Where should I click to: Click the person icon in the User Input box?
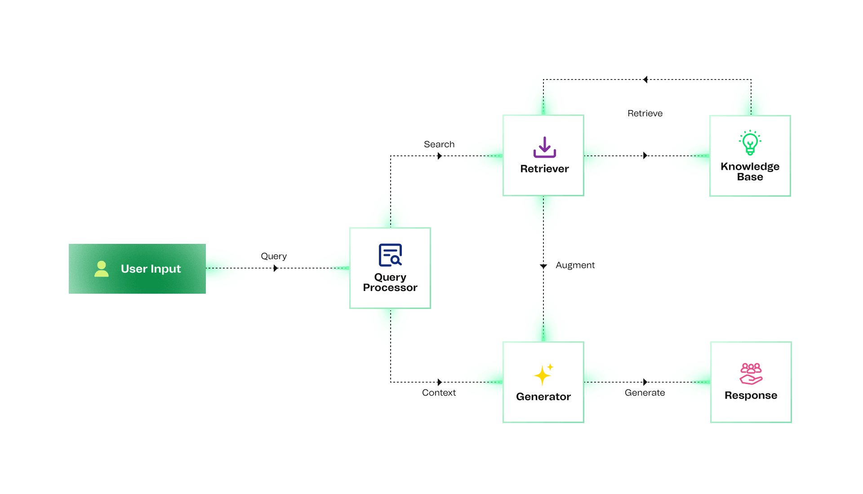point(102,269)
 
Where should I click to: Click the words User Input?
point(151,269)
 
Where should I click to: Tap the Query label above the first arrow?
point(274,256)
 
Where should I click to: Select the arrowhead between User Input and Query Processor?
point(276,268)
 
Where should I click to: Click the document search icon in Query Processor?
point(390,255)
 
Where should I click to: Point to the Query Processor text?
point(390,282)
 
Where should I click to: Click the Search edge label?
point(439,144)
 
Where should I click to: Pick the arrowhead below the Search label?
point(440,156)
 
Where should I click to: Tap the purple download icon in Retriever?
point(544,147)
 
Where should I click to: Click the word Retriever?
point(544,169)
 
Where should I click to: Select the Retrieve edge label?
point(645,113)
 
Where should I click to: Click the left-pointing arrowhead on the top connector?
point(645,79)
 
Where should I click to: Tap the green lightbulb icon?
point(750,143)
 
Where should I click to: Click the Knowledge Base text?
point(750,172)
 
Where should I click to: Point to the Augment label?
point(575,265)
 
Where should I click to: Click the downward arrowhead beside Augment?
point(543,266)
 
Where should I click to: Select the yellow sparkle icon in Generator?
point(543,375)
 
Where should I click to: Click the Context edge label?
point(439,393)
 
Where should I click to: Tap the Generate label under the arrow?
point(645,393)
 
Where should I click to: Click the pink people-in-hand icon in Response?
point(751,374)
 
